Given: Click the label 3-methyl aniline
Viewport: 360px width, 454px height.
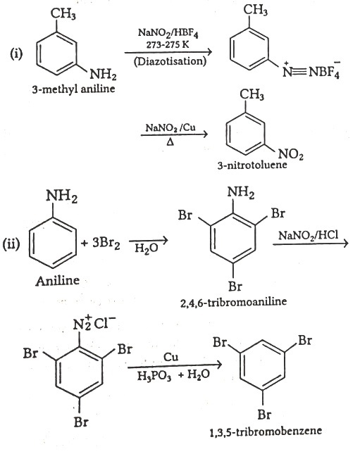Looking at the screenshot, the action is [73, 89].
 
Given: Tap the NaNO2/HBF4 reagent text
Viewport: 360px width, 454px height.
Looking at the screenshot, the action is [168, 32].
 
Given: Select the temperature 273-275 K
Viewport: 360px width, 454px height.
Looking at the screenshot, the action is [168, 44].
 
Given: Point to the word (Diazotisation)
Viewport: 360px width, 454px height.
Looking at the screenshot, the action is [170, 61].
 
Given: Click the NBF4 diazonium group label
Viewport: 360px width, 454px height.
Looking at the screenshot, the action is [311, 70].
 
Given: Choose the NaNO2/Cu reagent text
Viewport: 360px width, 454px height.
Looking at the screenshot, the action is [170, 127].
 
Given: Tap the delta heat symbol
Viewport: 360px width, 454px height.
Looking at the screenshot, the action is [170, 142].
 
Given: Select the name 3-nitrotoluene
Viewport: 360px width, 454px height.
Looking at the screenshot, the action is [252, 165].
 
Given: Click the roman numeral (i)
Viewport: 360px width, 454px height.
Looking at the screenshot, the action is [16, 53].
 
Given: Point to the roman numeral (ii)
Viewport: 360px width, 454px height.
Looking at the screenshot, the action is [11, 244].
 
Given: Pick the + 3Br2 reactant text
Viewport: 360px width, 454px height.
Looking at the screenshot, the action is [101, 244].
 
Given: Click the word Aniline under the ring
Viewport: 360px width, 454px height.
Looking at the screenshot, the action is [57, 280].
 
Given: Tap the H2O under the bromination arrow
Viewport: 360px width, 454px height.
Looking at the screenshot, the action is [147, 248].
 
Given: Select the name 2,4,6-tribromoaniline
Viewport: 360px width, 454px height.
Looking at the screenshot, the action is [233, 302].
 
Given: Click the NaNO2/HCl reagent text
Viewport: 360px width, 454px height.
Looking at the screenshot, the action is [309, 235].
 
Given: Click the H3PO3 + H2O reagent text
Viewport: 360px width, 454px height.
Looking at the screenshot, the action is [173, 375].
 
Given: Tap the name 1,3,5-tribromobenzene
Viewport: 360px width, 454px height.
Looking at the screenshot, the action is [266, 431].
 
